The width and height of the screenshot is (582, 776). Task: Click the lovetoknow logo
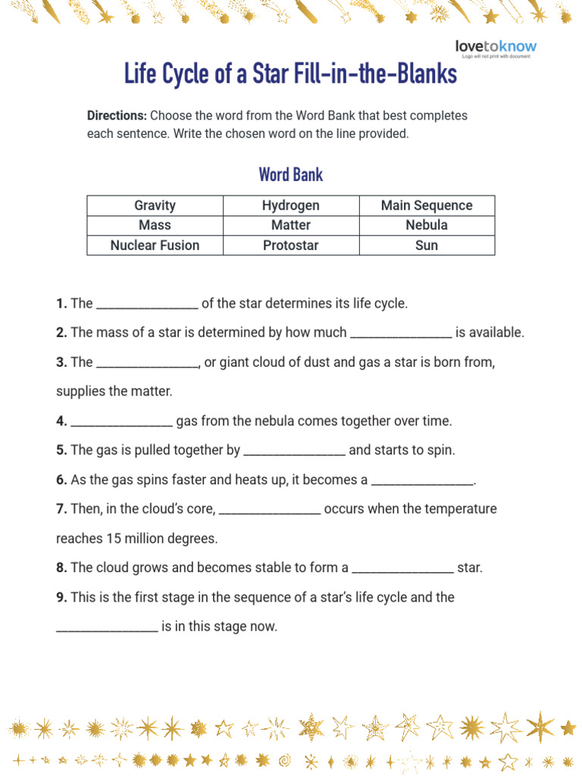[x=496, y=47]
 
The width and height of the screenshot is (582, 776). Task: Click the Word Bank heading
[x=291, y=174]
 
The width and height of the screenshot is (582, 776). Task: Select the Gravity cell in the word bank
[x=155, y=205]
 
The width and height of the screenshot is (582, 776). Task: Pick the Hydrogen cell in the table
[x=291, y=205]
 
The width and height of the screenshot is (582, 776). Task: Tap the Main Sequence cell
[x=427, y=205]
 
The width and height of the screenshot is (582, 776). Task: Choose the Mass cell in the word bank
[x=155, y=225]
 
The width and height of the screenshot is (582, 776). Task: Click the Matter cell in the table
[x=291, y=225]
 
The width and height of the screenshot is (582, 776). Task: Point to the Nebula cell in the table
[x=427, y=225]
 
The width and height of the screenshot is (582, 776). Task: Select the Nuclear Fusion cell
[x=155, y=245]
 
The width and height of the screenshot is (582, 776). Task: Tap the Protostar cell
[x=291, y=245]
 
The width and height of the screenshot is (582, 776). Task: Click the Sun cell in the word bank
[x=427, y=245]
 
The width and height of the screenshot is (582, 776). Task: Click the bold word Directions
[x=117, y=116]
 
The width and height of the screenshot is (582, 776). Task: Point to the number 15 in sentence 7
[x=113, y=539]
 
